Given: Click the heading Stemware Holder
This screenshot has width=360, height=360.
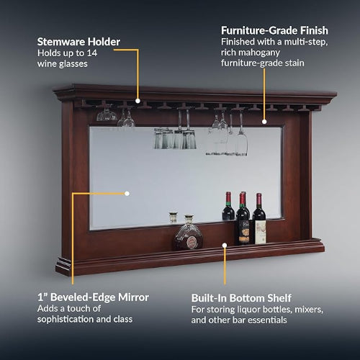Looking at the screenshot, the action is coord(78,42).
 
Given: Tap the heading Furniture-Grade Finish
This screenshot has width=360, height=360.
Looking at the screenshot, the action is coord(274,30).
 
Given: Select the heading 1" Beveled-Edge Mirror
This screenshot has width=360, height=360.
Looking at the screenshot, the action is coord(93,297).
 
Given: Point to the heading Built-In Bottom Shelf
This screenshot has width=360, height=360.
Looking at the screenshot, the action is coord(241,298).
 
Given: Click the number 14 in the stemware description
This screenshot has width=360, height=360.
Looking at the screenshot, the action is coord(92,53).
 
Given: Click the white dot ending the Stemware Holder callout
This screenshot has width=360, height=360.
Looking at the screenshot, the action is coord(138,101).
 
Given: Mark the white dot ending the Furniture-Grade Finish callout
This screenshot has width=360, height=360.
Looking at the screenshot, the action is coord(264,122).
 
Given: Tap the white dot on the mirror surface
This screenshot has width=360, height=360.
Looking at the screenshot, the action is coord(127,194).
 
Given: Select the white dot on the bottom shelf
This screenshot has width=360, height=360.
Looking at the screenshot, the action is coord(225,245).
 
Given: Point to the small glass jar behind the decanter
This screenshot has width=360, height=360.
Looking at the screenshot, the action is coord(173,217).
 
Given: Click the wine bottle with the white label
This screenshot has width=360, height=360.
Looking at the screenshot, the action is coord(259,219).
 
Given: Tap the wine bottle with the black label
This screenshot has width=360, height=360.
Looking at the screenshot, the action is coord(243,219).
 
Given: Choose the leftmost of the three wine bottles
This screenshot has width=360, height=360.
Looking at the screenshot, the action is coord(228,206).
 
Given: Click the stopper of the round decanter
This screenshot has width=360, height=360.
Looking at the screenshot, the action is coord(189,218).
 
